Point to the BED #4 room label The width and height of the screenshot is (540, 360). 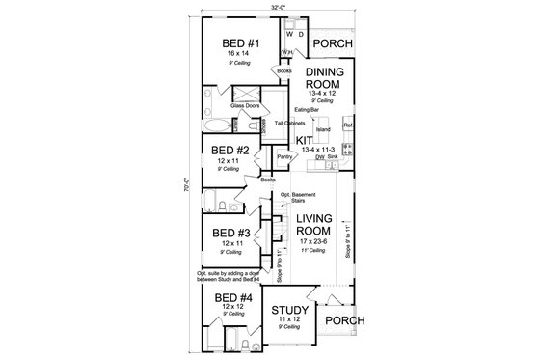coord(233,299)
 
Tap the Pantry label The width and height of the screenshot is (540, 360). coord(285,155)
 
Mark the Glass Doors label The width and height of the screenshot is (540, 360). coord(245,105)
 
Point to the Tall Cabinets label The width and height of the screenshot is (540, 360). coord(289,125)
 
